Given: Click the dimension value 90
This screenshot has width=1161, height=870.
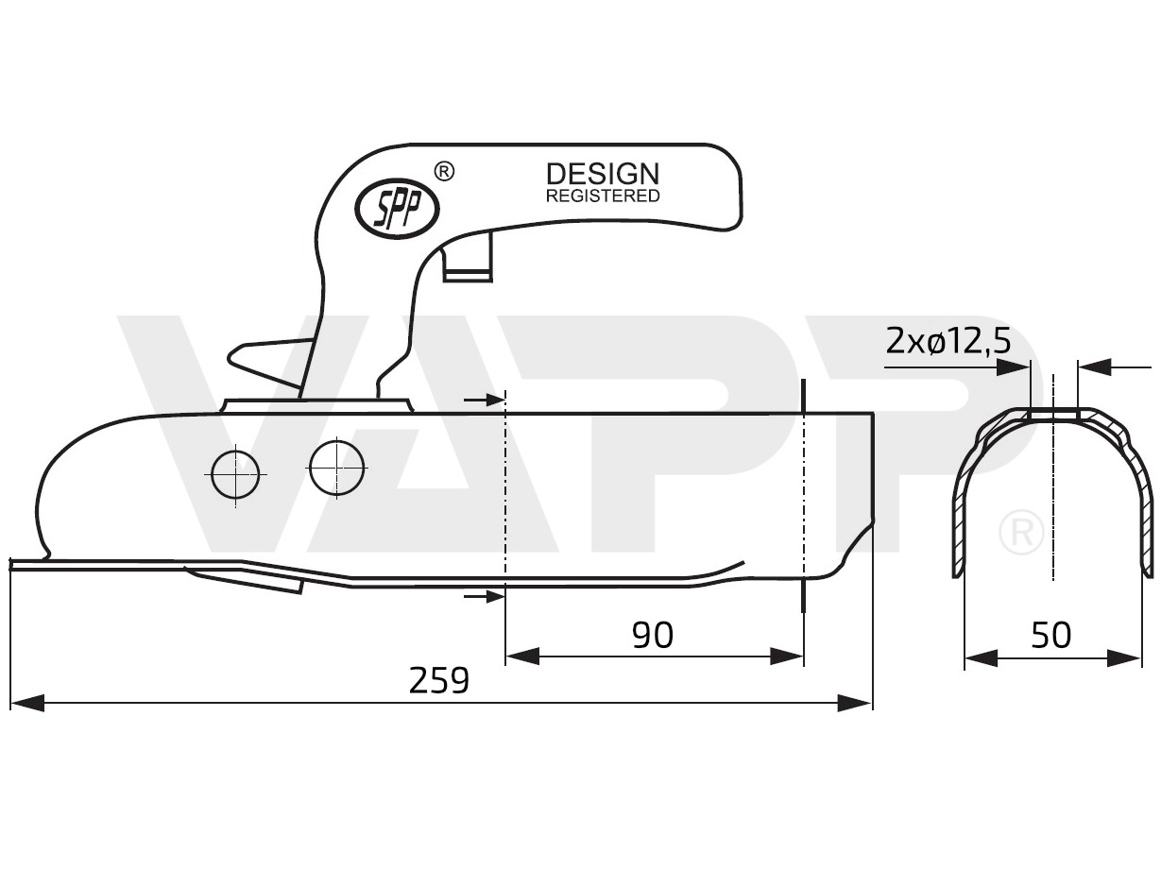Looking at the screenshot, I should [x=653, y=635].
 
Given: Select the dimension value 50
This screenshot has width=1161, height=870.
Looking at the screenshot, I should [x=1051, y=635].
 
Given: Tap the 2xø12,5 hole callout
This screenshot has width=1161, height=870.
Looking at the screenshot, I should [x=948, y=339].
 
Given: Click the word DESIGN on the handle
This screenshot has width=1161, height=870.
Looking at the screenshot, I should [x=603, y=174].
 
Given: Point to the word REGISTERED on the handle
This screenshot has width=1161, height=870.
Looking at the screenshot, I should [x=603, y=196].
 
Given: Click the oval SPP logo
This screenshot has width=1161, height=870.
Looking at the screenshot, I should [x=395, y=209].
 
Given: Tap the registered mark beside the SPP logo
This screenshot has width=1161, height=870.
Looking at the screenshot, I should [x=444, y=171].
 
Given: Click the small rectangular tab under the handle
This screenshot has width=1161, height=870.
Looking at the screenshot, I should [x=469, y=259].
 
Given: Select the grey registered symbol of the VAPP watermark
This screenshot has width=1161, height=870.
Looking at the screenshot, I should [x=1020, y=533].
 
